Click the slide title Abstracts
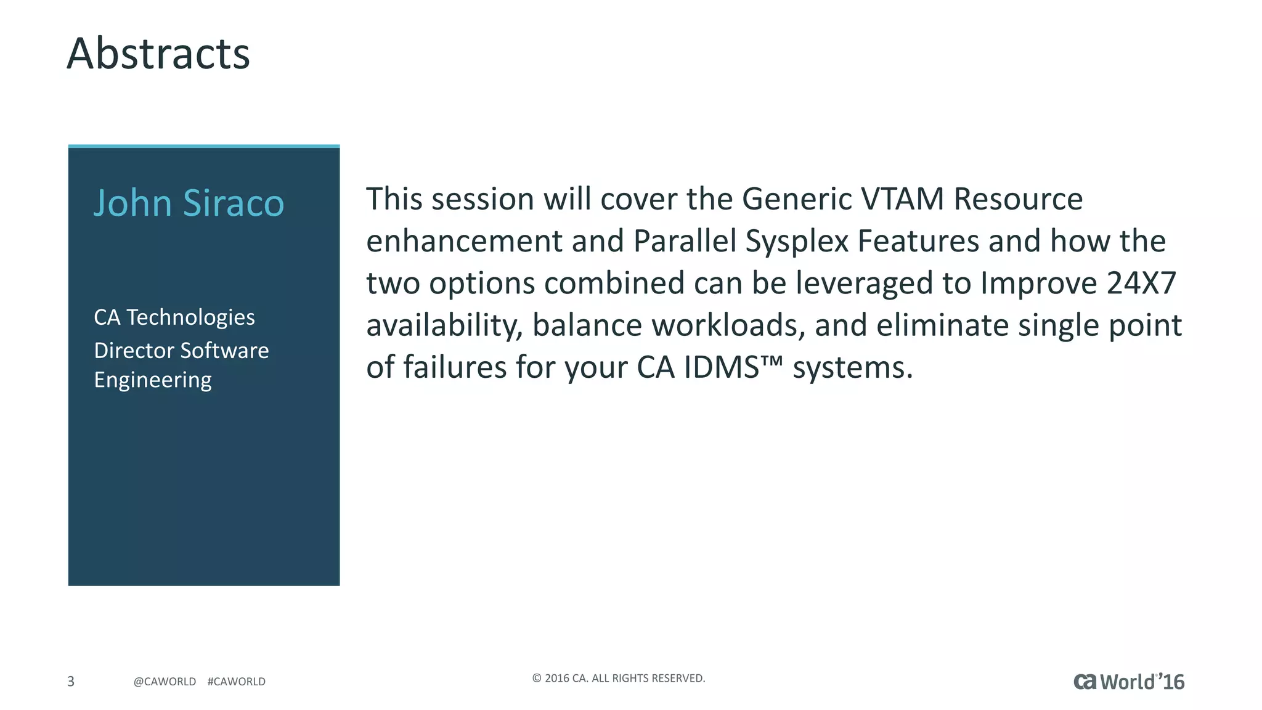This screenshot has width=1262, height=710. (x=158, y=54)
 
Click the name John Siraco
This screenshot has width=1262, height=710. (x=189, y=203)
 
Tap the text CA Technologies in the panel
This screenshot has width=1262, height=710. (x=174, y=317)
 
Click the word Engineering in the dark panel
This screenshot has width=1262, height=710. (x=153, y=380)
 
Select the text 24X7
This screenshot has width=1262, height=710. (x=1141, y=283)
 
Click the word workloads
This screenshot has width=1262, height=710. (x=727, y=325)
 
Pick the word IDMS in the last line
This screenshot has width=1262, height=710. (x=721, y=367)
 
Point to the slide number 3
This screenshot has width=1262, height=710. (x=71, y=681)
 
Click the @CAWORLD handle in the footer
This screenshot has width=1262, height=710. (x=165, y=682)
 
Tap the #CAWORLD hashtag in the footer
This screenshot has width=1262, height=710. (x=237, y=682)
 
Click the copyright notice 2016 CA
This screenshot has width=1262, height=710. (x=618, y=679)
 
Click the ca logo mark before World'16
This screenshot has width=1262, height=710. (x=1085, y=682)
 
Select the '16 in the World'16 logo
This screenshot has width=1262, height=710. (x=1171, y=682)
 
